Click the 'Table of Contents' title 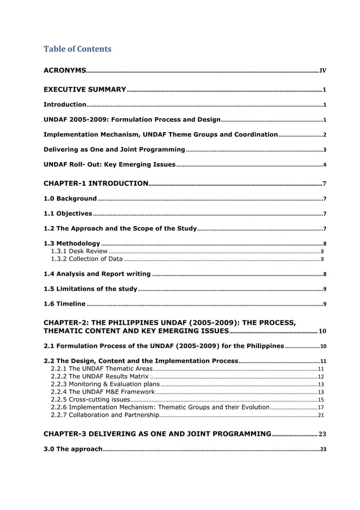(77, 49)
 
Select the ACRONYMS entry (65, 71)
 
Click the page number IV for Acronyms (323, 71)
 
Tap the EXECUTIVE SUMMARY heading (85, 90)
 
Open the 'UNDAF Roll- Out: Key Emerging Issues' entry (110, 164)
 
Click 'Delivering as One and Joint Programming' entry (115, 150)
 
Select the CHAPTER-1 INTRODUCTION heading (96, 184)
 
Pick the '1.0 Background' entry (71, 199)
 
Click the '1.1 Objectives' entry (68, 213)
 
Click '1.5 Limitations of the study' (91, 289)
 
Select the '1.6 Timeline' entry (65, 304)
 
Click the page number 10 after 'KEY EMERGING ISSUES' (322, 331)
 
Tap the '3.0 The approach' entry (73, 449)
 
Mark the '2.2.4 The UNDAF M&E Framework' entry (103, 391)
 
